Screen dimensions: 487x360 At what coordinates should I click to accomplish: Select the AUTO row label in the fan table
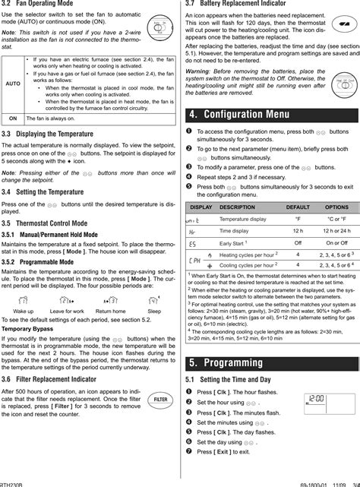(x=13, y=84)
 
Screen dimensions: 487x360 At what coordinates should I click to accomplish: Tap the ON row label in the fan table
(x=13, y=119)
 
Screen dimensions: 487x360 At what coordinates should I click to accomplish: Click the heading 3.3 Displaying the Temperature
(x=50, y=133)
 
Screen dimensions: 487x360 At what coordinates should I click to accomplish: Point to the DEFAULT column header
(x=298, y=207)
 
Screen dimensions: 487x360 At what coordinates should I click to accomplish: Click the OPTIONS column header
(x=336, y=207)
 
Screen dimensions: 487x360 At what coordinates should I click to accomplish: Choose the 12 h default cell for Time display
(x=298, y=230)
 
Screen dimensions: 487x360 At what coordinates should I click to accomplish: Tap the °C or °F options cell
(x=336, y=219)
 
